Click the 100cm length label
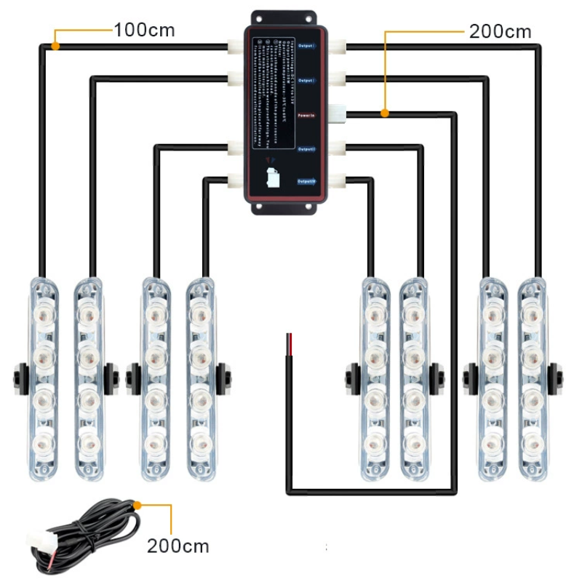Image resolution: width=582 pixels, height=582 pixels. [144, 31]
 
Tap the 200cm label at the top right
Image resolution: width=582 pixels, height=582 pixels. [500, 31]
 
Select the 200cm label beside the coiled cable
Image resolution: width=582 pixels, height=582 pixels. [178, 545]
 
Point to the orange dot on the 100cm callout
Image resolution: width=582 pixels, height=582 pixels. [55, 47]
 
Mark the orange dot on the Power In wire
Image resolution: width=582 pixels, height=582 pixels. [384, 113]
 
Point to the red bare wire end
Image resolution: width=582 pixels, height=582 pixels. [288, 340]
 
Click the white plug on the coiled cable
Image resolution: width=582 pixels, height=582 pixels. [36, 541]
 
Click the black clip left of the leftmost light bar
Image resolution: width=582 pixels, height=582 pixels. [17, 377]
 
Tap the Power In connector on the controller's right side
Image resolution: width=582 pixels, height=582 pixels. [337, 113]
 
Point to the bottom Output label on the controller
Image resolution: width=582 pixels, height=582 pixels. [306, 181]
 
